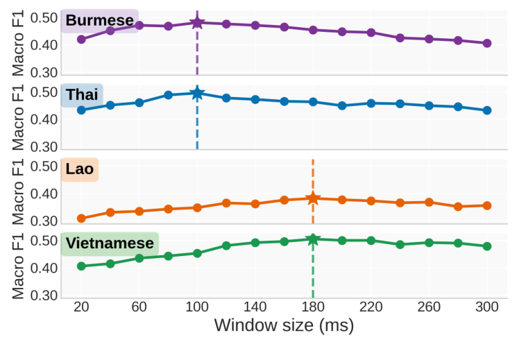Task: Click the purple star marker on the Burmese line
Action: [x=197, y=23]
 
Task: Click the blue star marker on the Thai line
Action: [x=197, y=94]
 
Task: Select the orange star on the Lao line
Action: [x=313, y=198]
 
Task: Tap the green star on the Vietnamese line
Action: [x=313, y=240]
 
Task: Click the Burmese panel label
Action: [x=99, y=20]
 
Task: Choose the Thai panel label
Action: [x=82, y=95]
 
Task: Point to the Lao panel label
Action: [x=79, y=169]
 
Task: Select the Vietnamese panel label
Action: [x=109, y=243]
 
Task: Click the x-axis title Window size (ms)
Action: [x=284, y=325]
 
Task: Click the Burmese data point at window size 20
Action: [x=81, y=39]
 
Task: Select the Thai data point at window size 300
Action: [x=487, y=110]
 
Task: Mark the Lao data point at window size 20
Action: [x=81, y=218]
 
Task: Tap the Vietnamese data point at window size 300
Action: [x=487, y=246]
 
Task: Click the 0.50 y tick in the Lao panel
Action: [x=44, y=166]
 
